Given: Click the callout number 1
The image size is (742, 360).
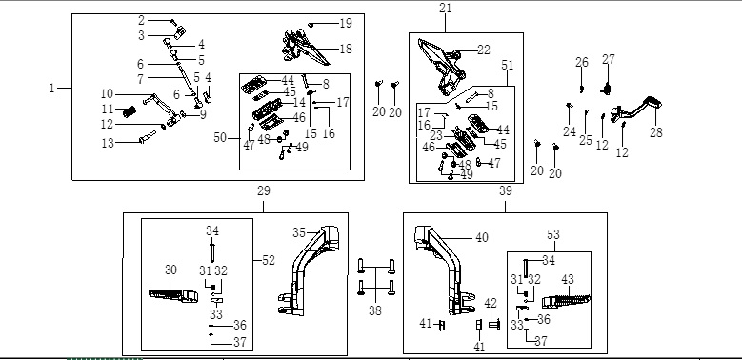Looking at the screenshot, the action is [51, 89].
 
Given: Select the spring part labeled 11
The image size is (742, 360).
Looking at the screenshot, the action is [130, 112].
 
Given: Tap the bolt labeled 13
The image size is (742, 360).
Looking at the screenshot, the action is [148, 137].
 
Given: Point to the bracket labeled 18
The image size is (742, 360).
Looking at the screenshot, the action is [303, 48].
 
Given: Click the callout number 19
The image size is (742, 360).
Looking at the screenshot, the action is [346, 23].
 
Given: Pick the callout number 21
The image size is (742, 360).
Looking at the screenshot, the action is [445, 8].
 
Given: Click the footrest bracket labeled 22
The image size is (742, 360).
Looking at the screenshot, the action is [442, 68].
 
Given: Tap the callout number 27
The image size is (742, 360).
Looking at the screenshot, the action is [609, 60].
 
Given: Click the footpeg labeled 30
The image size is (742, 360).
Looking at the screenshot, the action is [173, 294].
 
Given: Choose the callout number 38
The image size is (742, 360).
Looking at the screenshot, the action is [375, 310].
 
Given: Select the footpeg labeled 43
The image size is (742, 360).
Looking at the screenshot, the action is [566, 301].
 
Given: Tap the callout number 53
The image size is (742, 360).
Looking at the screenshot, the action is [553, 234].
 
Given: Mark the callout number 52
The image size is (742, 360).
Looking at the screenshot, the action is [269, 261].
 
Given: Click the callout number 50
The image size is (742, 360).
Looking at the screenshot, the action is [220, 138].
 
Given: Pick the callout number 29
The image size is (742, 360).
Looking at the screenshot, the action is [264, 191].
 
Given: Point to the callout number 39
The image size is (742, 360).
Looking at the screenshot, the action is [506, 191].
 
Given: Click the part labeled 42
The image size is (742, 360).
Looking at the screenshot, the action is [494, 325].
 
